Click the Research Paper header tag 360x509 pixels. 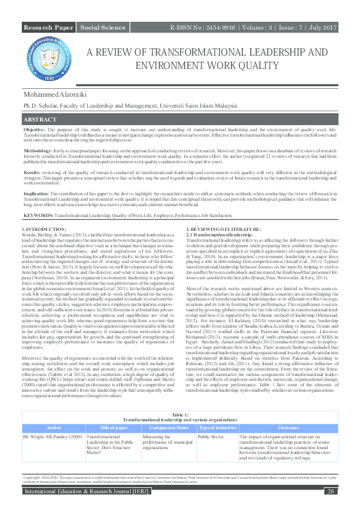click(x=48, y=28)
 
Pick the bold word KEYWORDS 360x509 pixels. click(x=38, y=215)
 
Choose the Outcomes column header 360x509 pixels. click(x=288, y=411)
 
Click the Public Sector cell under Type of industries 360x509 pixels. click(x=211, y=418)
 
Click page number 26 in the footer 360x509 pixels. click(x=330, y=491)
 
